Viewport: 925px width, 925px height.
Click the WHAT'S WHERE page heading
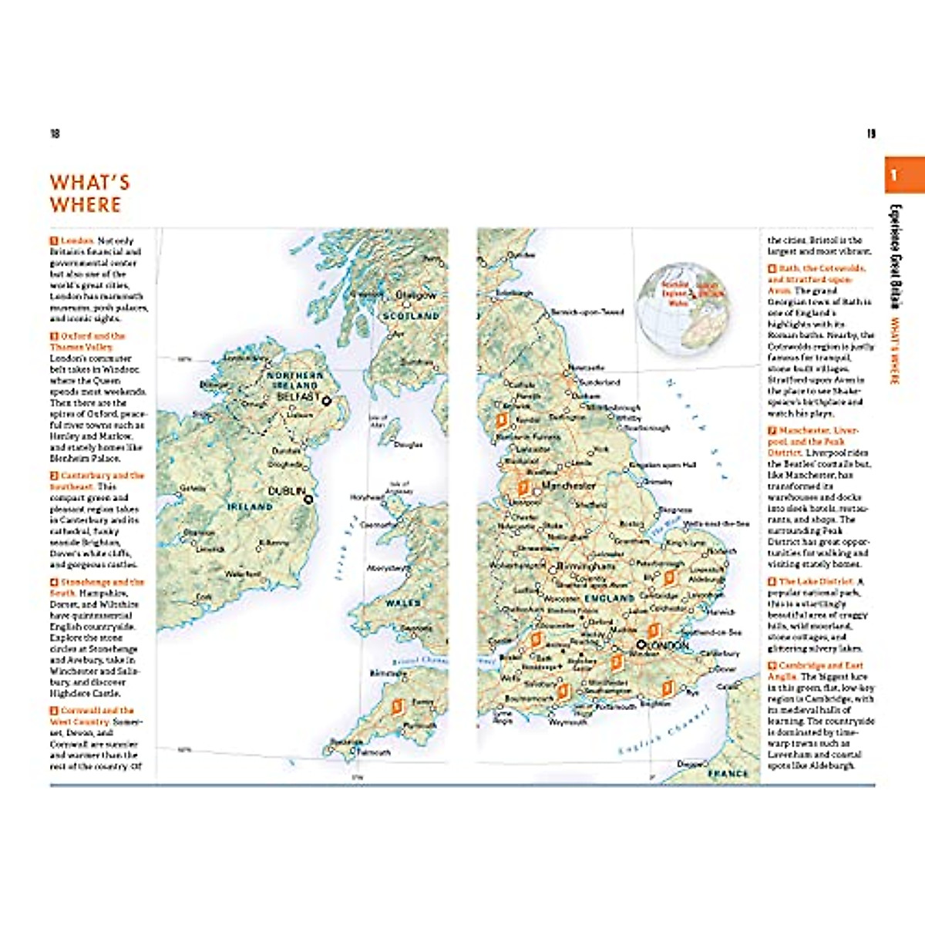point(89,193)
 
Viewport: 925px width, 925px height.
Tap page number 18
point(55,134)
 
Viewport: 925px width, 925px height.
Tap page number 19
point(871,134)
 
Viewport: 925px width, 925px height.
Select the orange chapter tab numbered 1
point(903,175)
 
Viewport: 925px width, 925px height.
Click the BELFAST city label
point(298,397)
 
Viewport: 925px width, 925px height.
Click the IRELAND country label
point(250,507)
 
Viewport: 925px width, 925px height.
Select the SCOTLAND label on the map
point(411,316)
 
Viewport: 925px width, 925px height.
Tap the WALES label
point(402,603)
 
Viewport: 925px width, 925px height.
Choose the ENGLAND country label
point(609,598)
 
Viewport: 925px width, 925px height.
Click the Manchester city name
point(569,486)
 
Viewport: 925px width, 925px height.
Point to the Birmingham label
point(585,566)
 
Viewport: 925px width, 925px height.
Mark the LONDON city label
point(668,645)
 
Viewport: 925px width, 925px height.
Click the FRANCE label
point(728,772)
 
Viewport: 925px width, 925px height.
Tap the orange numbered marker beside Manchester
point(523,487)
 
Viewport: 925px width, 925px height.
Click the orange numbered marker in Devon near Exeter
point(398,706)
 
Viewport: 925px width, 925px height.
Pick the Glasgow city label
point(415,295)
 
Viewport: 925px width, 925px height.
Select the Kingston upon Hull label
point(662,465)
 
